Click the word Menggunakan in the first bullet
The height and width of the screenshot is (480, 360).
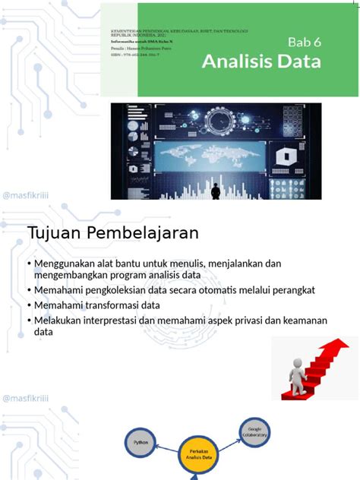coord(67,264)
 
